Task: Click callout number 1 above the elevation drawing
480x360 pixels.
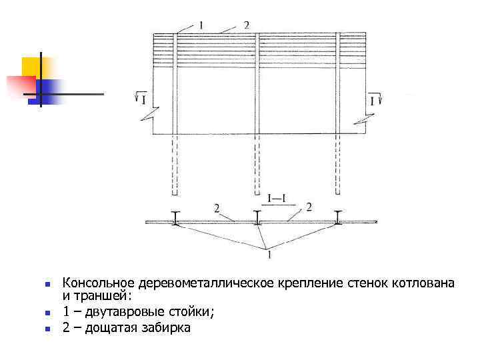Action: (201, 25)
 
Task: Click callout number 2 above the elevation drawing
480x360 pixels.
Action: (246, 25)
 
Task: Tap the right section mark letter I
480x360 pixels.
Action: (371, 101)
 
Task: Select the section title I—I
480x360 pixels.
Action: (277, 198)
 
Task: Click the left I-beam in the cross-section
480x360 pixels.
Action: (175, 218)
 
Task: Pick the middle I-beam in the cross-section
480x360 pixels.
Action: (258, 218)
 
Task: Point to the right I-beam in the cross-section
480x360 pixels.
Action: (340, 218)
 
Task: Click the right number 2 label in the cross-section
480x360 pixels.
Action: (308, 207)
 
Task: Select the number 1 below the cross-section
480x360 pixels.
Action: (268, 253)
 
